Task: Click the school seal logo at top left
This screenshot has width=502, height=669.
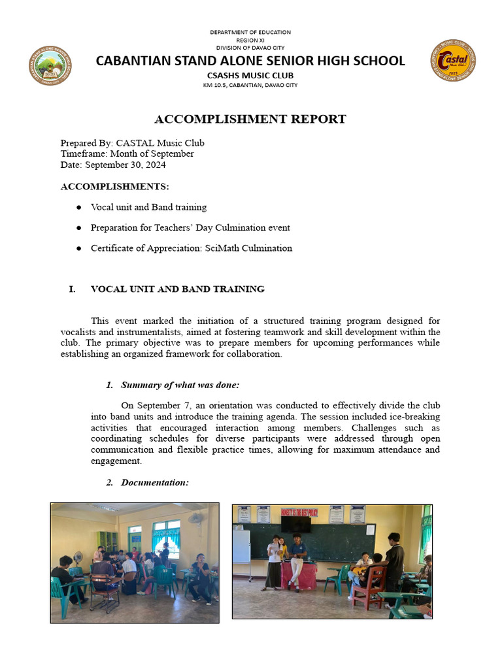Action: [50, 66]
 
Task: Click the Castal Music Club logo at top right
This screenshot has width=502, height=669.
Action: [453, 61]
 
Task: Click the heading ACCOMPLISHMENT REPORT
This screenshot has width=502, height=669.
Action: [250, 119]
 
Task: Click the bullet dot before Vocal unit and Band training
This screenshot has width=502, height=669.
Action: [78, 208]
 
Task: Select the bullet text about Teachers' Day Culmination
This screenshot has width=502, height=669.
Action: [190, 228]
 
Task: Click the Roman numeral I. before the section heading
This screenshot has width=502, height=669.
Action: [73, 289]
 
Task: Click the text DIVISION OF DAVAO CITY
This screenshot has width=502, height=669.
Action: [250, 48]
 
